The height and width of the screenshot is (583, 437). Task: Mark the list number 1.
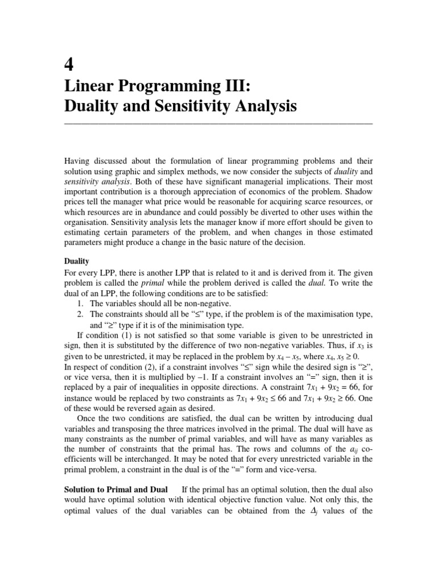pos(80,304)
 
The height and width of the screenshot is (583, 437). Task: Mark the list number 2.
pos(80,314)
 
